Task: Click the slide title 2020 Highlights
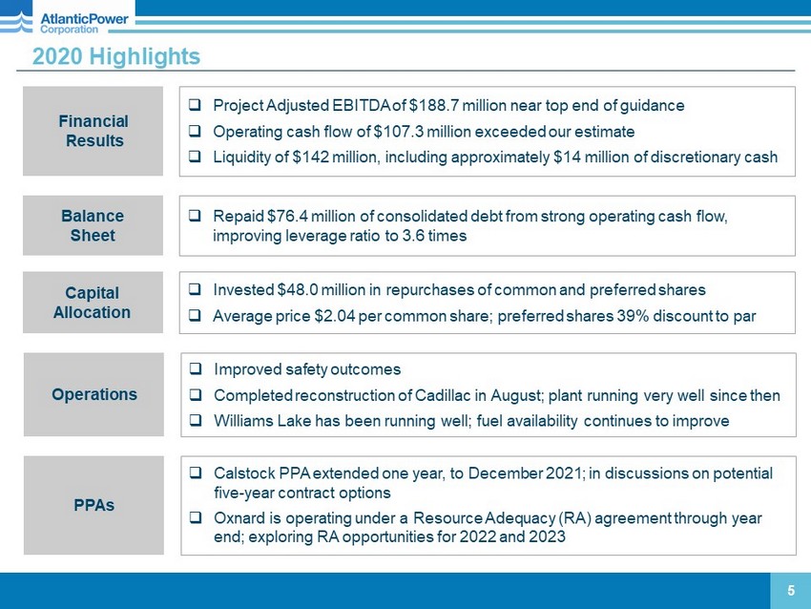tap(116, 57)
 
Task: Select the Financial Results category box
tap(93, 131)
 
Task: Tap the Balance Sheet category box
tap(93, 225)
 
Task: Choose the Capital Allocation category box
tap(93, 303)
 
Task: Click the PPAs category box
tap(94, 505)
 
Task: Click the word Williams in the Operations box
tap(244, 421)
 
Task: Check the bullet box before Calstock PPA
tap(195, 472)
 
